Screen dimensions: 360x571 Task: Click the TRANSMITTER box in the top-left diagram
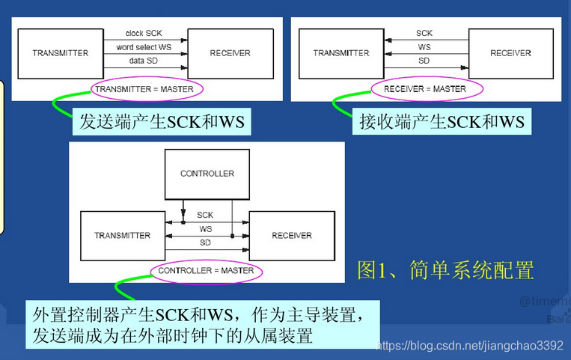[x=61, y=53]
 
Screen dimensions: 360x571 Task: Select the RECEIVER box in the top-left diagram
[x=230, y=53]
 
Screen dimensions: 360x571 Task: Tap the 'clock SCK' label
[x=144, y=33]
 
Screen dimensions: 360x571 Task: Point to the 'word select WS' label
[x=144, y=48]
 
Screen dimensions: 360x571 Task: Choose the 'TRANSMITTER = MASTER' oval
[x=144, y=89]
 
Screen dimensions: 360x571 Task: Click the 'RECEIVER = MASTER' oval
[x=424, y=89]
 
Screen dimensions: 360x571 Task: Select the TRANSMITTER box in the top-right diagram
[x=341, y=53]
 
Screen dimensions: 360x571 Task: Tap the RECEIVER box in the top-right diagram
[x=510, y=53]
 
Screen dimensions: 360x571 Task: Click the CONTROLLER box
[x=207, y=174]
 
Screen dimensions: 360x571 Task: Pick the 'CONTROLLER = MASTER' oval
[x=206, y=271]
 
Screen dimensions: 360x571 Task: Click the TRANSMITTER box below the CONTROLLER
[x=122, y=236]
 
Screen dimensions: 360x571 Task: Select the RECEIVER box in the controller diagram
[x=292, y=236]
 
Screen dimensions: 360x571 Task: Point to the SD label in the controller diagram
[x=205, y=243]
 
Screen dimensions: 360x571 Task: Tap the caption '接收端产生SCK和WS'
[x=442, y=121]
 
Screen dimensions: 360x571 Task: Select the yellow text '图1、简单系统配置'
[x=445, y=269]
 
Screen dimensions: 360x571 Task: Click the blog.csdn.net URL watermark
[x=468, y=346]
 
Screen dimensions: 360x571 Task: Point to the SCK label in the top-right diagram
[x=424, y=33]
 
